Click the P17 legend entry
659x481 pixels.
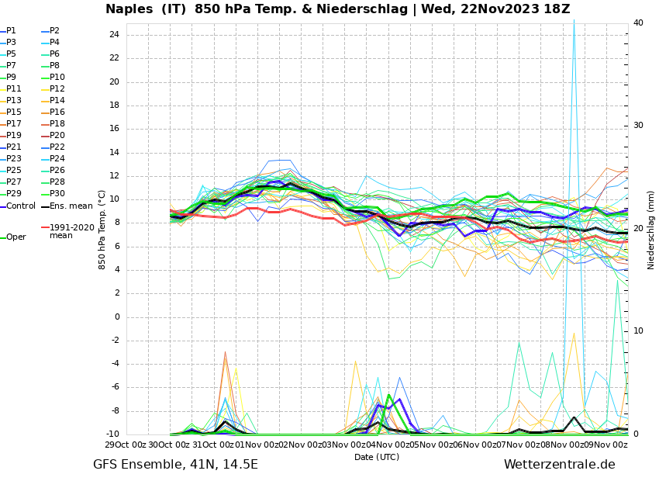tap(15, 124)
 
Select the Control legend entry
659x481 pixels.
tap(21, 206)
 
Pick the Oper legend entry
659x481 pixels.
tap(16, 237)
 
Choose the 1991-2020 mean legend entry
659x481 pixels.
tap(71, 231)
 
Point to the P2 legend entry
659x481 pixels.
tap(54, 31)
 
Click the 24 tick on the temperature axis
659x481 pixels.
tap(114, 35)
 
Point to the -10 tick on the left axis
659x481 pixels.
tap(112, 434)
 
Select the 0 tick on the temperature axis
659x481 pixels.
tap(116, 317)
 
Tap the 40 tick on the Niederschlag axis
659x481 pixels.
tap(638, 22)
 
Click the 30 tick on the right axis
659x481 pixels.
tap(638, 126)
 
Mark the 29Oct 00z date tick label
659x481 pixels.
tap(126, 445)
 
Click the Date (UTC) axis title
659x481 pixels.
tap(377, 457)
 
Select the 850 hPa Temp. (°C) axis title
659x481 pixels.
tap(102, 230)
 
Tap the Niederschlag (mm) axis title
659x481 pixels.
tap(651, 230)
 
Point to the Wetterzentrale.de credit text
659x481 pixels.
tap(559, 465)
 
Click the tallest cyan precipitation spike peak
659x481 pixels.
tap(574, 21)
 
